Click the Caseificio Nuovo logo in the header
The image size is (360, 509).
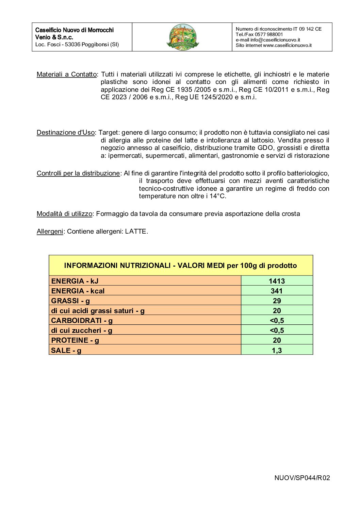pyautogui.click(x=183, y=37)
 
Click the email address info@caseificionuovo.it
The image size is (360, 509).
pyautogui.click(x=275, y=40)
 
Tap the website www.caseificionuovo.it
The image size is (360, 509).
pyautogui.click(x=287, y=45)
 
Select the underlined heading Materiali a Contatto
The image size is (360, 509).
pyautogui.click(x=67, y=74)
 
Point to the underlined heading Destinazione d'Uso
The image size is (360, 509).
pyautogui.click(x=66, y=133)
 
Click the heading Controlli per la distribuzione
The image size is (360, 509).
pyautogui.click(x=78, y=173)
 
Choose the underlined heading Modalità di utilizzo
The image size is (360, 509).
pyautogui.click(x=64, y=214)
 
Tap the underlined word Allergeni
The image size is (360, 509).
pyautogui.click(x=50, y=232)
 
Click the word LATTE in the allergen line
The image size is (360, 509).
pyautogui.click(x=136, y=232)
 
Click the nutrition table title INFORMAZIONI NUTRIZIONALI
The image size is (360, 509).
pyautogui.click(x=180, y=266)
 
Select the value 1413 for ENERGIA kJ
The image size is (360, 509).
pyautogui.click(x=277, y=281)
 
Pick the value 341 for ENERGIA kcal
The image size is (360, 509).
pyautogui.click(x=277, y=291)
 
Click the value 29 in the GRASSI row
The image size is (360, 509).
pyautogui.click(x=277, y=301)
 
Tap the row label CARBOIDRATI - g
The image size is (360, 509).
pyautogui.click(x=82, y=321)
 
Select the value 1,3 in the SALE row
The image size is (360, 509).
pyautogui.click(x=277, y=351)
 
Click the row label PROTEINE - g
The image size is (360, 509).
pyautogui.click(x=75, y=340)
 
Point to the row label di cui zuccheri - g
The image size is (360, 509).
pyautogui.click(x=82, y=330)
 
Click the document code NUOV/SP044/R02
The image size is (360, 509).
pyautogui.click(x=302, y=478)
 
